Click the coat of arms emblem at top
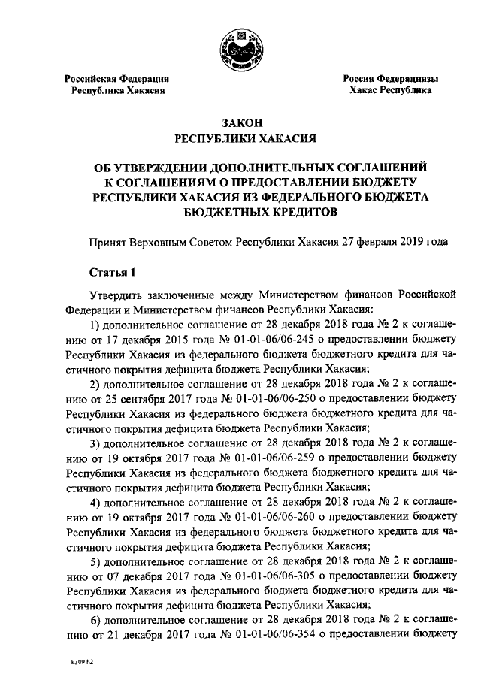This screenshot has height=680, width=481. [240, 47]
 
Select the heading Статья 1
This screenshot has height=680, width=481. [109, 271]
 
